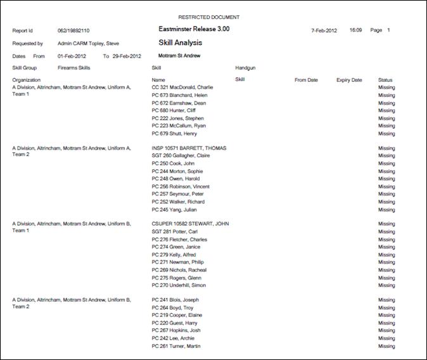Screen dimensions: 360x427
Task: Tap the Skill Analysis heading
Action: click(x=180, y=43)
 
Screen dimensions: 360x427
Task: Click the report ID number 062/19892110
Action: click(x=73, y=30)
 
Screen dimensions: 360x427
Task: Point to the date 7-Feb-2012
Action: click(x=324, y=30)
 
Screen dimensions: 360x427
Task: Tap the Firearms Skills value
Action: click(x=74, y=67)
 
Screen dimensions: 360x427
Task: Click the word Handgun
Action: click(x=245, y=67)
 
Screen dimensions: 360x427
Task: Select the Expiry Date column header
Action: click(x=349, y=80)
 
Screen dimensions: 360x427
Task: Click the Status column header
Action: click(x=385, y=80)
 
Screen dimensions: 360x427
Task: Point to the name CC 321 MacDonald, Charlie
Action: click(x=182, y=87)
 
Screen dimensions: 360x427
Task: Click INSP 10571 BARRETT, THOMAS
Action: click(x=189, y=148)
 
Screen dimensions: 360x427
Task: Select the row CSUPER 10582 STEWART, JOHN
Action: click(x=190, y=224)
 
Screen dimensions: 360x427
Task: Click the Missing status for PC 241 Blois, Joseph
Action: click(x=386, y=300)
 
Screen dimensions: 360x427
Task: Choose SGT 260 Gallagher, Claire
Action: click(x=181, y=156)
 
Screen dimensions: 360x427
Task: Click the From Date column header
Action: click(x=306, y=80)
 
